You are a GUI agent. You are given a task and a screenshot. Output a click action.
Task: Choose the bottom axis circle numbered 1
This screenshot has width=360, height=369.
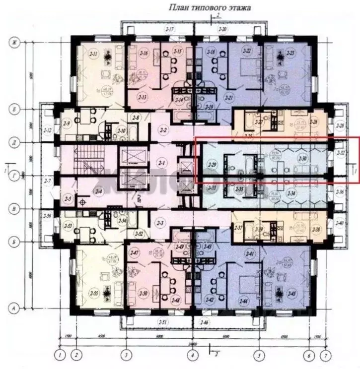coord(60,355)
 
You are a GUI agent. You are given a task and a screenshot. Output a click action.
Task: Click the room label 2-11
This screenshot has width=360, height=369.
coord(93,53)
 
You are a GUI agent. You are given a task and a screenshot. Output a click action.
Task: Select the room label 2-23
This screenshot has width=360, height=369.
coord(290,53)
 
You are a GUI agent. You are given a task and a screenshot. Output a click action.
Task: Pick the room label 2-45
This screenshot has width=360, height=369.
coord(291,294)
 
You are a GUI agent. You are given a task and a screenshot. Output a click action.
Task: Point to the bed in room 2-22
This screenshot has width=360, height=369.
coord(245,65)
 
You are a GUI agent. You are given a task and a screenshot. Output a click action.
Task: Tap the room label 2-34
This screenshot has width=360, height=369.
coord(291,192)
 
